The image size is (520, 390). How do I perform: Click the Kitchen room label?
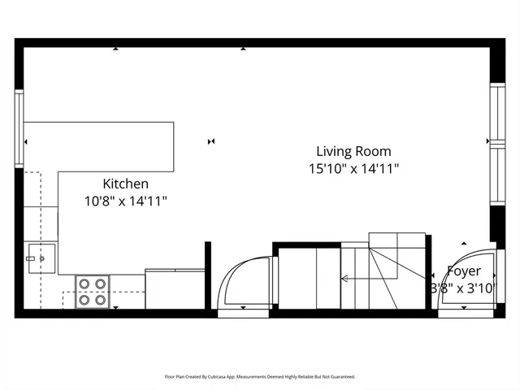[125, 184]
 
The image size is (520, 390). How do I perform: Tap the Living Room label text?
[353, 151]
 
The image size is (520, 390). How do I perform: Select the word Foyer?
[464, 271]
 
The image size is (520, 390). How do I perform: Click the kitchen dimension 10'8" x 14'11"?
[125, 201]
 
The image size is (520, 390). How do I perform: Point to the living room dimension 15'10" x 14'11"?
[353, 169]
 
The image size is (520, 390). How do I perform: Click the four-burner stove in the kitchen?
[93, 292]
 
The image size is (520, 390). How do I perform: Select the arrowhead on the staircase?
[344, 279]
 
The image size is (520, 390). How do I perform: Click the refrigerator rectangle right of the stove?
[175, 288]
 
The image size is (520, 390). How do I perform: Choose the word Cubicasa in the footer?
[219, 377]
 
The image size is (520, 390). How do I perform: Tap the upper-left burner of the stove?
[84, 284]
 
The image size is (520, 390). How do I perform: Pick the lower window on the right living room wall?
[495, 175]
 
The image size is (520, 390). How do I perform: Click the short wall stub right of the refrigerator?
[208, 275]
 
